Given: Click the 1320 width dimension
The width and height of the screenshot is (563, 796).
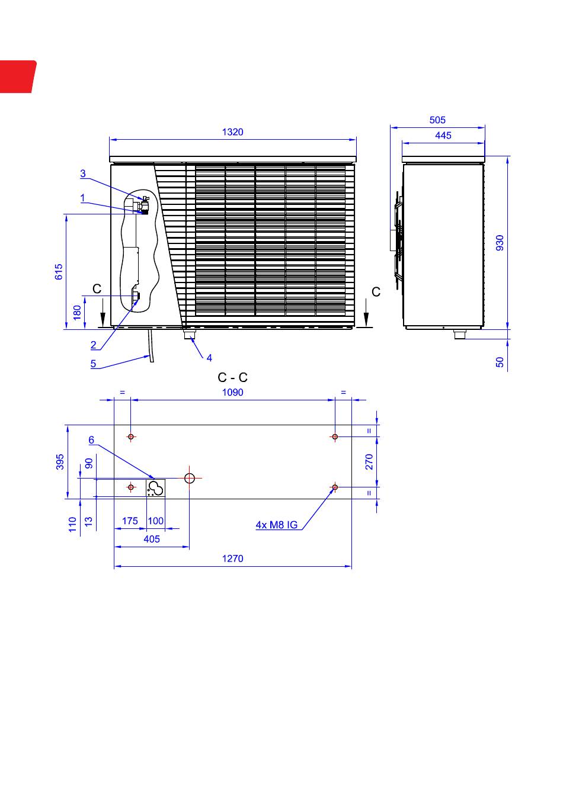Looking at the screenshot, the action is point(232,132).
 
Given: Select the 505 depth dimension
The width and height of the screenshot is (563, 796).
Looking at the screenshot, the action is point(437,120).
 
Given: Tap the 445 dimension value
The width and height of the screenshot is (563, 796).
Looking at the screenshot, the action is point(443,136).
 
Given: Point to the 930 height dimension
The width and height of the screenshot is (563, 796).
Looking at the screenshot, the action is point(500,243).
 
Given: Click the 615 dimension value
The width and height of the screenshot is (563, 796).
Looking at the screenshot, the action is point(59,271).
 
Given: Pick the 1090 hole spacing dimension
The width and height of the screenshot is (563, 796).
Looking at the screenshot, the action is point(232,392).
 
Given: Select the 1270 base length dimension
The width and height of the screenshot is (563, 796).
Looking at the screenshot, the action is point(232,559).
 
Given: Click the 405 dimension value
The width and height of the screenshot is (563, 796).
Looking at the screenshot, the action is point(152,539).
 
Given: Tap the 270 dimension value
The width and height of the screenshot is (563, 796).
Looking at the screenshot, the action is point(369,461).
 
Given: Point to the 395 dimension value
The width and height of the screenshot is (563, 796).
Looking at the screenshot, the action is point(60,461).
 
